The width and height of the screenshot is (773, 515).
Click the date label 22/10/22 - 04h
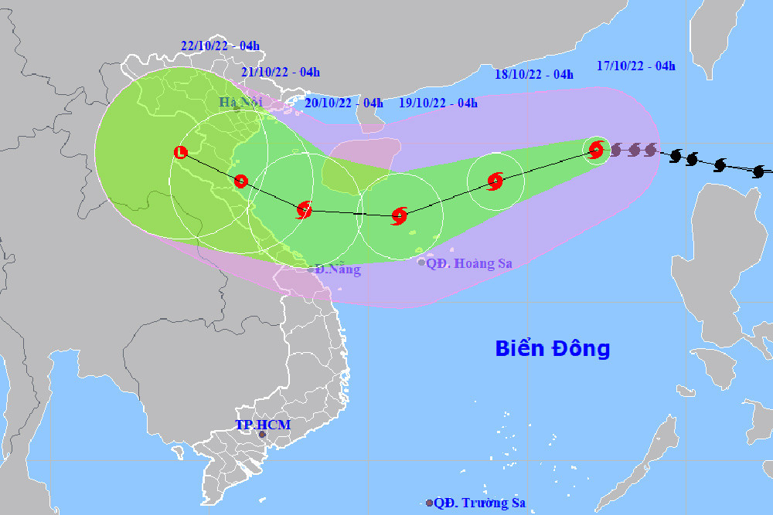[220, 46]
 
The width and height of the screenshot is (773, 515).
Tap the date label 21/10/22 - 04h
[280, 73]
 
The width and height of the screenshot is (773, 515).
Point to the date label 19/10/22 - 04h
[438, 103]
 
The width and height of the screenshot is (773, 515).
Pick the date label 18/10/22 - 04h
[534, 75]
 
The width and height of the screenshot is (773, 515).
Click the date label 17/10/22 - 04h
[636, 66]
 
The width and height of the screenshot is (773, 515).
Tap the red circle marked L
[180, 152]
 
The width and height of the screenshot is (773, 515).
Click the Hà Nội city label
[241, 102]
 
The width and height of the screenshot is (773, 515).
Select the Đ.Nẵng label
[338, 269]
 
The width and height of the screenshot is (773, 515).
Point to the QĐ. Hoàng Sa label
[470, 263]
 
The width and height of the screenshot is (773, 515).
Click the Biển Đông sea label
[553, 348]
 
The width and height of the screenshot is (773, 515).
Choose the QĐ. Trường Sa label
[479, 503]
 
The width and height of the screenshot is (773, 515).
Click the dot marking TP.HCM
[262, 435]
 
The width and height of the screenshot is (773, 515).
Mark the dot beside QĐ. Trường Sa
[429, 503]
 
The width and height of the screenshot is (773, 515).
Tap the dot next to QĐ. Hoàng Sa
[421, 263]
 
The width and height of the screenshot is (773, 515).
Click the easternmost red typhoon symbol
[596, 149]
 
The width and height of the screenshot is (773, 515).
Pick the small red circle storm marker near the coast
[240, 181]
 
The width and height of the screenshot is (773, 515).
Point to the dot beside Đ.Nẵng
[310, 269]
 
